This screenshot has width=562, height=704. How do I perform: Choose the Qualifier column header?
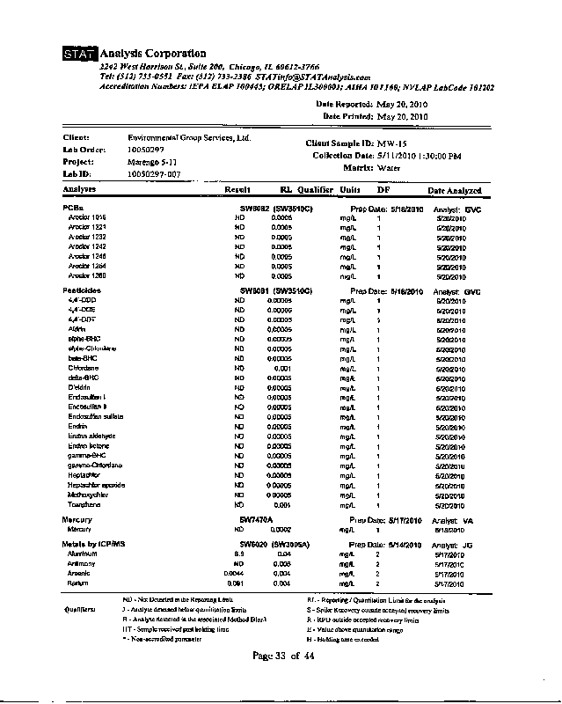click(315, 190)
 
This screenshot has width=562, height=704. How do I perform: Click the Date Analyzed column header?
click(454, 190)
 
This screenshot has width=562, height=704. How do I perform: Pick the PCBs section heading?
click(73, 208)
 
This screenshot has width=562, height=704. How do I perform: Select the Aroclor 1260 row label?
click(87, 275)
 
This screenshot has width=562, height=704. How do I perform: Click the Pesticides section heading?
click(80, 290)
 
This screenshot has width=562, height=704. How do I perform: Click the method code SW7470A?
click(257, 519)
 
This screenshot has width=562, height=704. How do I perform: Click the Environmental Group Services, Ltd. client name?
click(189, 138)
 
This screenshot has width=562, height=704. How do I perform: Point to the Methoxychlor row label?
click(90, 495)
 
